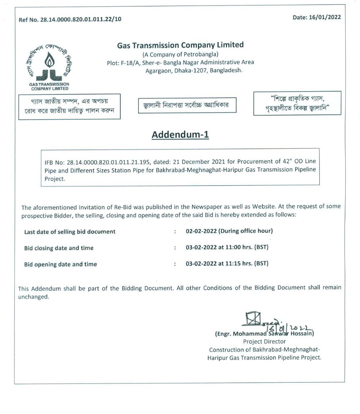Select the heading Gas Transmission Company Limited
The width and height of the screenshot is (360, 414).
click(x=180, y=45)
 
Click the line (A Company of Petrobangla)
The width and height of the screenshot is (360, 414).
click(x=180, y=54)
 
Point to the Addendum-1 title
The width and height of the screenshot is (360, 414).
click(x=180, y=135)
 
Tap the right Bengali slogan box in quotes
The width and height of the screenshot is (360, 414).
click(x=297, y=103)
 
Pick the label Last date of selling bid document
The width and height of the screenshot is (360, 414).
click(x=70, y=232)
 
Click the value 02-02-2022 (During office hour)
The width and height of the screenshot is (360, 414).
click(x=229, y=231)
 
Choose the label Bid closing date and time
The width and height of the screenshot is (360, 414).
click(x=59, y=248)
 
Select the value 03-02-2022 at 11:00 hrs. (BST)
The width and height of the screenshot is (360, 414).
click(x=227, y=247)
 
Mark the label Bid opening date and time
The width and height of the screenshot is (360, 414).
click(x=61, y=264)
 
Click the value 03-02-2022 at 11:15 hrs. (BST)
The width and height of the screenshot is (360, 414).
click(x=227, y=263)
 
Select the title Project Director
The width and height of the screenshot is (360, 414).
click(x=264, y=341)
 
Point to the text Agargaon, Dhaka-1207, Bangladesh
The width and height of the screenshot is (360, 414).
click(x=194, y=70)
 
